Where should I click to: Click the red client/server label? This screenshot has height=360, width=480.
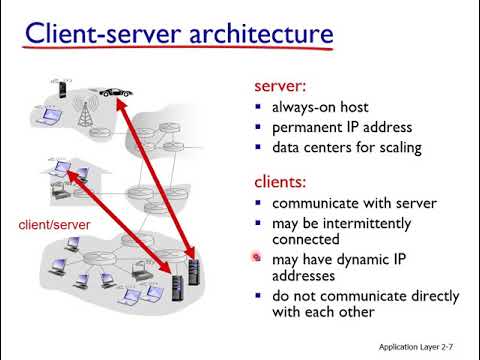(55, 225)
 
